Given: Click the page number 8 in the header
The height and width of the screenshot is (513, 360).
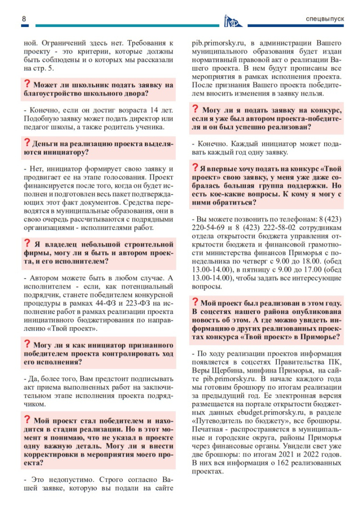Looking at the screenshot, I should (24, 19).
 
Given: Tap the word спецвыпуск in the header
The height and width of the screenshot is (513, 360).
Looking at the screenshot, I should (325, 19).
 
